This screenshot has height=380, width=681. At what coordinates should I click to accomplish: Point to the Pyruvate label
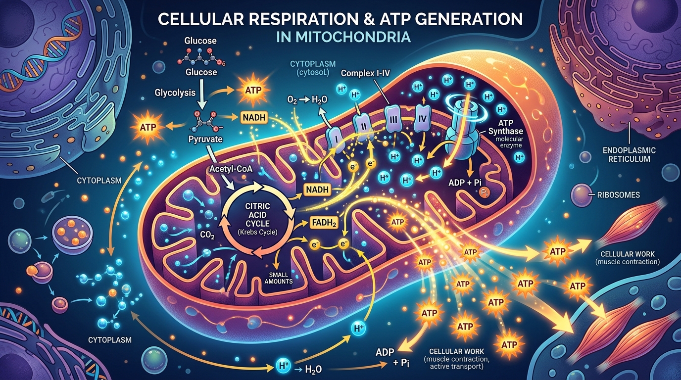[x=205, y=140]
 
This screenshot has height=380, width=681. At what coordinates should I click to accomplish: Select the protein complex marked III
[x=391, y=120]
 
